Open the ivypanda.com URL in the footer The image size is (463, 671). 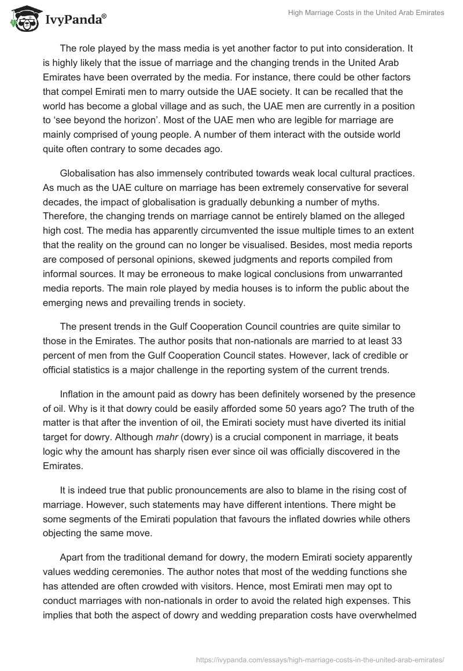321,659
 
